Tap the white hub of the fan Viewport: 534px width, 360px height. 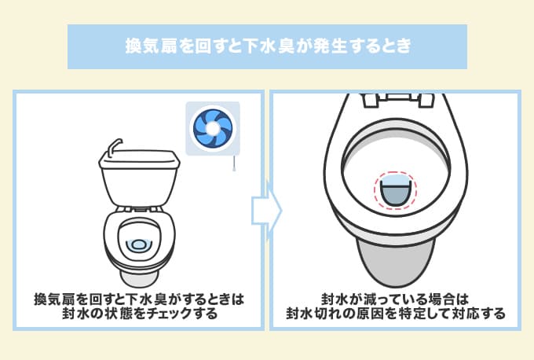(x=213, y=128)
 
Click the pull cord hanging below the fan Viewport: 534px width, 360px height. (x=234, y=163)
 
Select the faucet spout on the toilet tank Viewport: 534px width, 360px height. (x=113, y=146)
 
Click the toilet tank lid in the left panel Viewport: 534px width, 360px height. (x=139, y=160)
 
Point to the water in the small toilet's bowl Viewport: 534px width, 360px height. (x=139, y=245)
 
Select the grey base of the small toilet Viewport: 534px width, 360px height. (x=139, y=278)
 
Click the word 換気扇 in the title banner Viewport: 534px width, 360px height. (x=152, y=46)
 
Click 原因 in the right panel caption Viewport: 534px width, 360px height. (x=370, y=313)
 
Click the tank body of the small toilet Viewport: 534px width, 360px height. (x=139, y=186)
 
